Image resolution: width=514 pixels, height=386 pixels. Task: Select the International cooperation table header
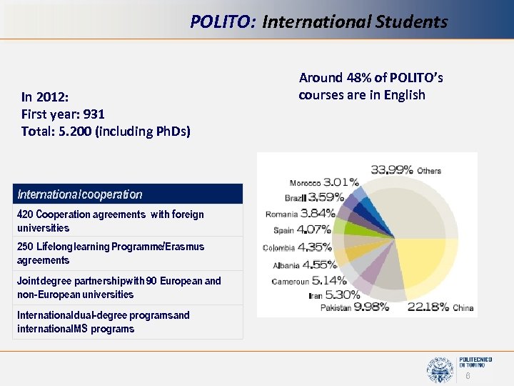pos(80,194)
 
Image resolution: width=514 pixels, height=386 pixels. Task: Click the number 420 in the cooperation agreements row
pos(25,214)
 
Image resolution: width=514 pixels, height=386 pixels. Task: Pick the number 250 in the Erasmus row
pos(25,247)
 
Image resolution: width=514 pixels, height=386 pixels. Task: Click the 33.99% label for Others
pos(392,169)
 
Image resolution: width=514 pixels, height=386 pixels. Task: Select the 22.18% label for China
pos(428,307)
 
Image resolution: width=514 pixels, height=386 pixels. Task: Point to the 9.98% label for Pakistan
pos(371,307)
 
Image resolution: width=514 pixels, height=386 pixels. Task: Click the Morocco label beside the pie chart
pos(305,183)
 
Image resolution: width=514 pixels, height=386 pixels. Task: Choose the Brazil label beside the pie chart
pos(294,197)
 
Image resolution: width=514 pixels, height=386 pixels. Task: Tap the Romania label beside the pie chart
pos(281,214)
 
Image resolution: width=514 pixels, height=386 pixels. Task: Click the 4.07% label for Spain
pos(313,230)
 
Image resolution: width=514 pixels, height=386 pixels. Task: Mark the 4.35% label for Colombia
pos(313,247)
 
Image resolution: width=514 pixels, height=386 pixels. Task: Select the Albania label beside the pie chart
pos(286,264)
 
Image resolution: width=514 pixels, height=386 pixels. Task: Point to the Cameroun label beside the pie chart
pos(290,281)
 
